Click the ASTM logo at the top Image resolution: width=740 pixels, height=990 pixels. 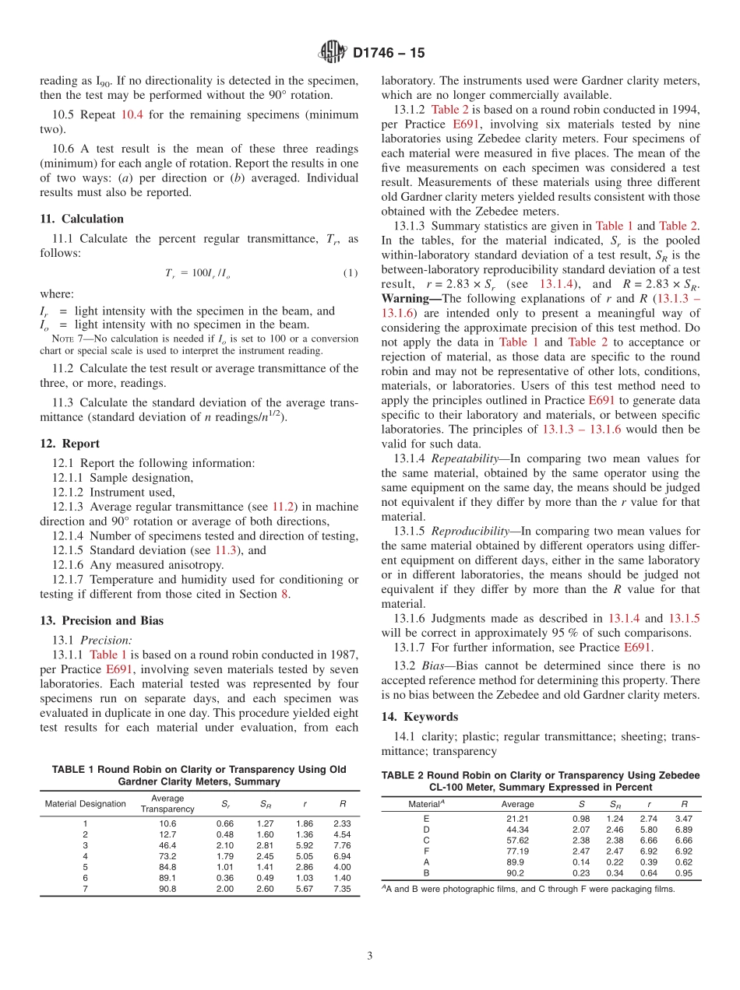coord(333,53)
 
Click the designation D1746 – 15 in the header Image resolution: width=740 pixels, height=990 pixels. coord(389,53)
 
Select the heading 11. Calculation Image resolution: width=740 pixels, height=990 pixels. coord(82,219)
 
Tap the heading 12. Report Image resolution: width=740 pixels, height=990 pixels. coord(69,444)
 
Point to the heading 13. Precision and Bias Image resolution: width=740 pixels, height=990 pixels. coord(101,620)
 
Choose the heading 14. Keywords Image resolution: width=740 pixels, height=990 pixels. coord(420,717)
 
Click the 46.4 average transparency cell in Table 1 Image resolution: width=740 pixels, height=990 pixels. coord(167,845)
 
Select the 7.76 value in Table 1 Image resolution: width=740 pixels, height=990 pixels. coord(342,845)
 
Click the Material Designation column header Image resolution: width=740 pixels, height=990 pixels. coord(85,803)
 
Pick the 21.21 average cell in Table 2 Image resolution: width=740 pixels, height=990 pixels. coord(517,818)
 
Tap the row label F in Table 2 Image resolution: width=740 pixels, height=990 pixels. coord(426,851)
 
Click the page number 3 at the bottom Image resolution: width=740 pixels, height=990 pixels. coord(370,956)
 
